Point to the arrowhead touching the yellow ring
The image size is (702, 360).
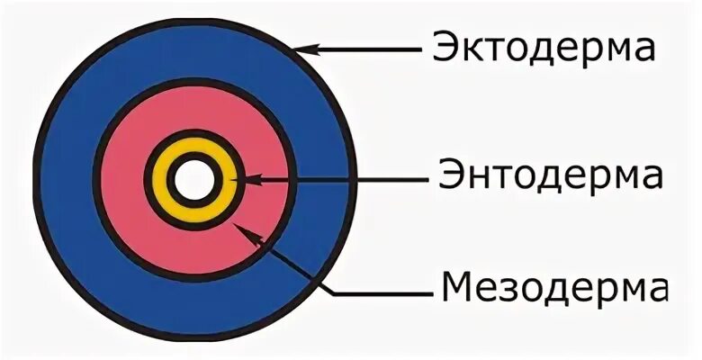237,181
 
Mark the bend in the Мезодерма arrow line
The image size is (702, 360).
335,292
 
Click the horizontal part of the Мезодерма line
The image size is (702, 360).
378,292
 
